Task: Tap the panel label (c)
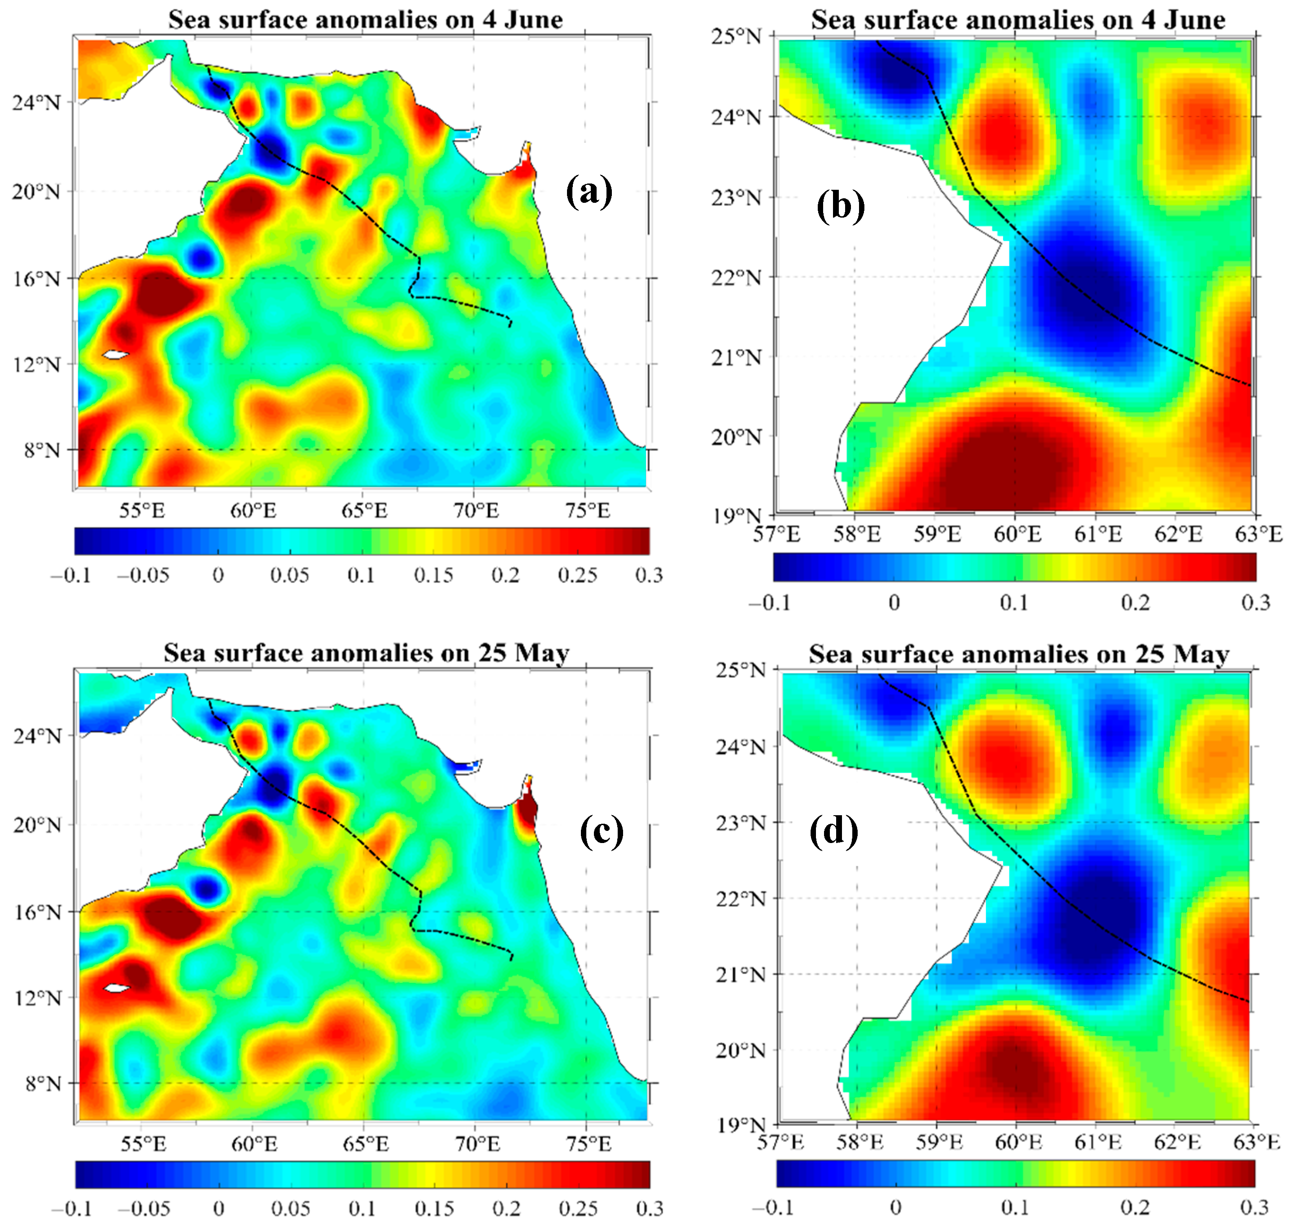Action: point(601,832)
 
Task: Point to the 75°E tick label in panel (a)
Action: point(587,510)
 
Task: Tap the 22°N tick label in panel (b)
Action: point(737,277)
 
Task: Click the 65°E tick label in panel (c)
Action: point(366,1145)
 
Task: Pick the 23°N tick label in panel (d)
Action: point(741,822)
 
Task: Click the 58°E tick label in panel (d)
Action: point(859,1143)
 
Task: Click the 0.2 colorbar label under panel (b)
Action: point(1135,602)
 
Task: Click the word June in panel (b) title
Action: point(1192,20)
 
